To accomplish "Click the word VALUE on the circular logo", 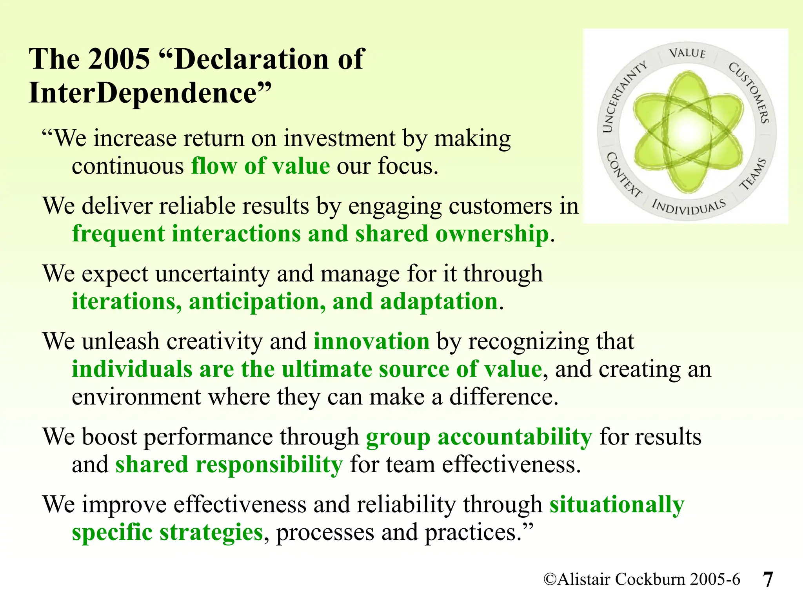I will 687,53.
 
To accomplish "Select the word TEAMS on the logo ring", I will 753,174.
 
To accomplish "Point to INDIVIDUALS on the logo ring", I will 689,207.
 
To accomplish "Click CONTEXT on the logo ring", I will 624,175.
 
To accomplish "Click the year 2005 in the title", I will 119,59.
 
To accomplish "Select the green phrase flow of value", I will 260,166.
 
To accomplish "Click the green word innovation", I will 372,341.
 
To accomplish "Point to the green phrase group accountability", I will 479,437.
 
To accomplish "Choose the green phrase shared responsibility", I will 229,465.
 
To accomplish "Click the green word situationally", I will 617,504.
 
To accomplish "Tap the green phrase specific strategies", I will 167,533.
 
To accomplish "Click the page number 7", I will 768,579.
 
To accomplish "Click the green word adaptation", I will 439,302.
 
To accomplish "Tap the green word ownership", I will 492,234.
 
